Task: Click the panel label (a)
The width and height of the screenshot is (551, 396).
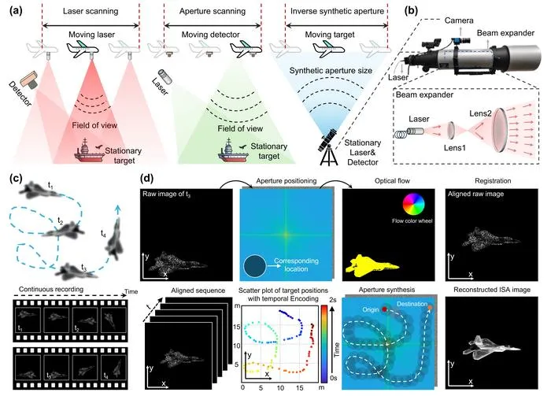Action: [x=16, y=10]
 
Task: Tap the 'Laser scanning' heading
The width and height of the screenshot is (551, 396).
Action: [x=91, y=11]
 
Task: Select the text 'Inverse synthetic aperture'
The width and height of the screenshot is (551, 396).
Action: [x=337, y=11]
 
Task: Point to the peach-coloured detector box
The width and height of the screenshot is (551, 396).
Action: [x=30, y=79]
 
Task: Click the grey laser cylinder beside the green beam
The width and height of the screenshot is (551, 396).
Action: [x=164, y=76]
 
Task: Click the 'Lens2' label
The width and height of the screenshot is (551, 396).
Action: [x=480, y=113]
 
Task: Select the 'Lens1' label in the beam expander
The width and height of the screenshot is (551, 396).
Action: [x=454, y=147]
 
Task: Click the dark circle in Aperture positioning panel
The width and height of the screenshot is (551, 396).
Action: [x=255, y=266]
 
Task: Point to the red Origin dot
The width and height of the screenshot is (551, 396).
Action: [x=384, y=309]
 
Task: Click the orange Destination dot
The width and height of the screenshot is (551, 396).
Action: [x=430, y=308]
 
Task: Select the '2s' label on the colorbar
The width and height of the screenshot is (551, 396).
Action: [x=332, y=300]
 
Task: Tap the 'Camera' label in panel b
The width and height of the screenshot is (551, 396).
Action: [x=459, y=20]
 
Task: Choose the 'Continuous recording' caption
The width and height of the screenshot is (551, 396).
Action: [x=51, y=289]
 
